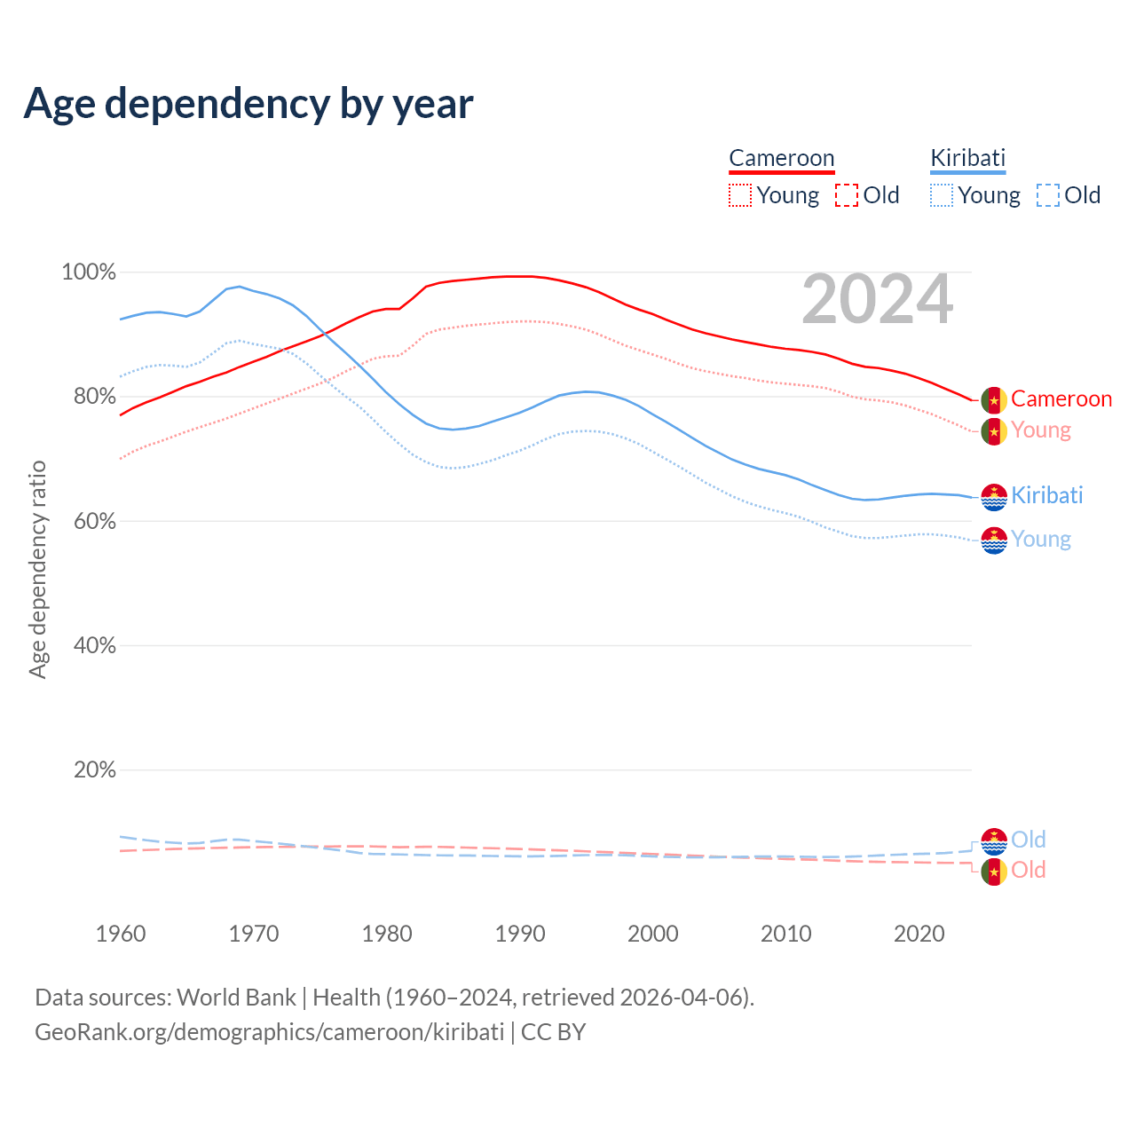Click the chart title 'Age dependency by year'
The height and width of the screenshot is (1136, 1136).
click(248, 104)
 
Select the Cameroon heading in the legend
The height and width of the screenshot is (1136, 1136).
click(782, 158)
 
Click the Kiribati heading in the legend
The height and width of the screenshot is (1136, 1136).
click(967, 158)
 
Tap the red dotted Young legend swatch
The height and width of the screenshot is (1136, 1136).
click(740, 195)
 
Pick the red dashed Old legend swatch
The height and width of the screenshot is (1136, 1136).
click(847, 195)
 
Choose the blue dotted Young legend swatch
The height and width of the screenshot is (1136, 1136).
click(942, 195)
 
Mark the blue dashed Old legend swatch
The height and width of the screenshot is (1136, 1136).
click(1048, 195)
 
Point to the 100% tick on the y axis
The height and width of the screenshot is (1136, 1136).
click(89, 272)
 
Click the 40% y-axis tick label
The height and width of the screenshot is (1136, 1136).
click(95, 646)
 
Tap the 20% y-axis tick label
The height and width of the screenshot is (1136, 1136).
click(95, 770)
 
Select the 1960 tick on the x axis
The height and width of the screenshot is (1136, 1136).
click(121, 934)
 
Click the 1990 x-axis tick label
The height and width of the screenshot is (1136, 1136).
click(520, 934)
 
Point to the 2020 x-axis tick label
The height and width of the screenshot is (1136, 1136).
click(919, 934)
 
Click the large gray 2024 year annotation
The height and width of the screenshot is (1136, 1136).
click(877, 300)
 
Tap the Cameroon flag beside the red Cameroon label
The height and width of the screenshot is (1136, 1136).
click(994, 400)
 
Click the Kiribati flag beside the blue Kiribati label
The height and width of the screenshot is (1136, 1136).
click(994, 497)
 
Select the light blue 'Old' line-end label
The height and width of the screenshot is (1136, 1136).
click(1029, 840)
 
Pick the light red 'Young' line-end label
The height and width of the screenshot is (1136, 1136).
click(1041, 430)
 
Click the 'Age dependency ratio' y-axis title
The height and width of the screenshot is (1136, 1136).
click(37, 569)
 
